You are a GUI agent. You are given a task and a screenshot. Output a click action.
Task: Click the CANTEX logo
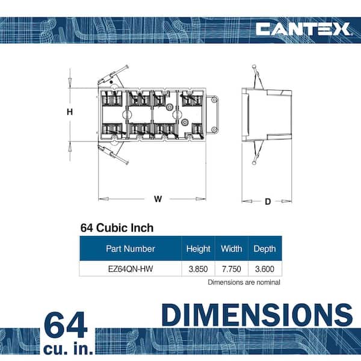[303, 29]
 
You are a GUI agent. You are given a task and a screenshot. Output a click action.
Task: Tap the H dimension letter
[70, 112]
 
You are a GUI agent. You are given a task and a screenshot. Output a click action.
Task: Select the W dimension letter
[158, 199]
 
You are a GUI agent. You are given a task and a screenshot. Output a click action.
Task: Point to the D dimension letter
[268, 202]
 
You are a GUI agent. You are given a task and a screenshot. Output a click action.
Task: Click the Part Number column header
[131, 248]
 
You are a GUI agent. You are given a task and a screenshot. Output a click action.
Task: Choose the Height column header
[198, 249]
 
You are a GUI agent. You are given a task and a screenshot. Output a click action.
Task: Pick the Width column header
[232, 248]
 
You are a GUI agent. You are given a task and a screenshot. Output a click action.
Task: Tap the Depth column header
[265, 249]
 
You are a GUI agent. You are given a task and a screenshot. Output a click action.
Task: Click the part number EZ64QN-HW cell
[131, 269]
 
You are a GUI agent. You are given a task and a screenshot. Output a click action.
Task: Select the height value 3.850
[198, 269]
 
